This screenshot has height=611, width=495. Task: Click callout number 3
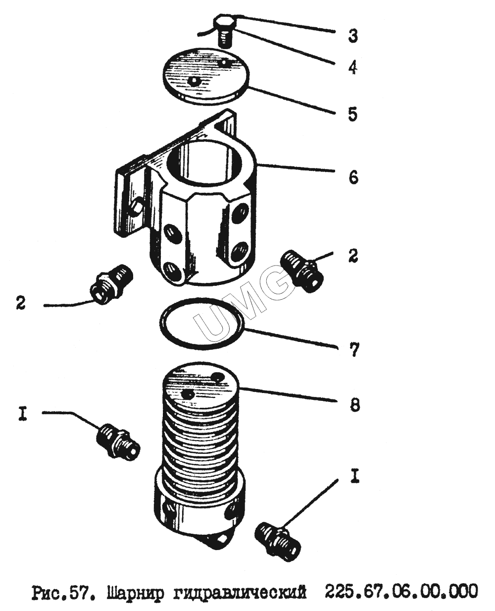(353, 36)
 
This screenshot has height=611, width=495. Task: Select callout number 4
(353, 68)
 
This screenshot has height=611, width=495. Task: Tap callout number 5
(353, 114)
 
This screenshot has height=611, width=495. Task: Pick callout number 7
(353, 349)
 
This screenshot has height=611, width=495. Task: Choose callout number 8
(354, 405)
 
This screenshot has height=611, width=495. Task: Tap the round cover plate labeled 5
(206, 76)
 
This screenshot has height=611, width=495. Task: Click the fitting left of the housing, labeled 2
(111, 284)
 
